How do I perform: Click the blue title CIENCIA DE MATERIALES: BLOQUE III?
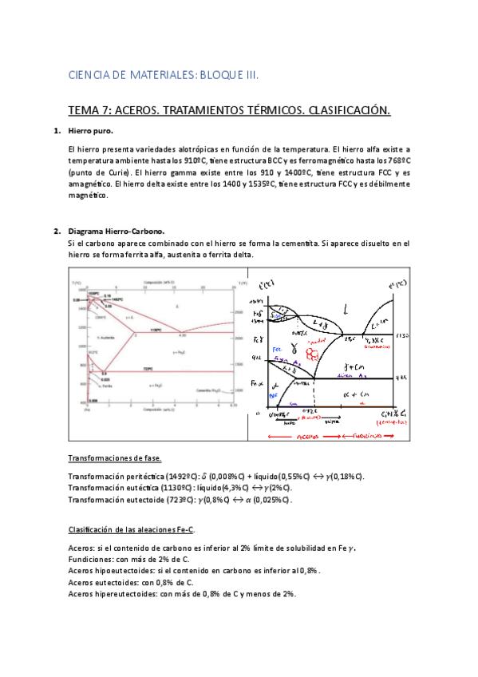tap(164, 75)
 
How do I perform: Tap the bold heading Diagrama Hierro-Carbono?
tap(116, 232)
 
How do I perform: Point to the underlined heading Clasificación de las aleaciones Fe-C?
tap(132, 530)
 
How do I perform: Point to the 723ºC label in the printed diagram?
tap(148, 370)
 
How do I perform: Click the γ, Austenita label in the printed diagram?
tap(97, 340)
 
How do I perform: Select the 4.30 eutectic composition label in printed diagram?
tap(181, 335)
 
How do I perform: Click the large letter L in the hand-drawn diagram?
tap(345, 308)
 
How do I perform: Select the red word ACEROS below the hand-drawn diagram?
tap(306, 436)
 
